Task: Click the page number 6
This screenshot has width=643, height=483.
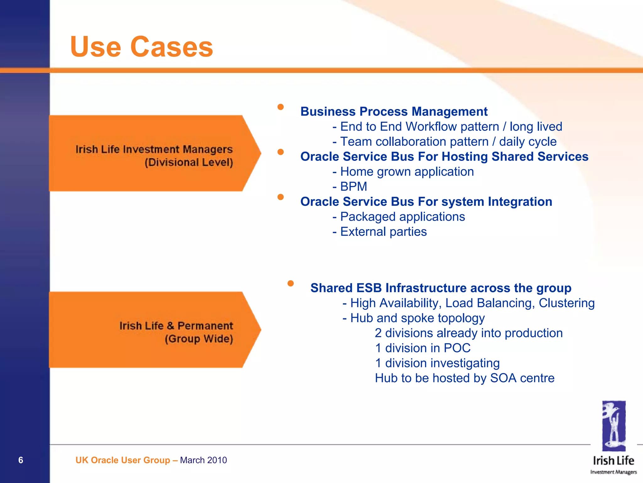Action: click(x=21, y=460)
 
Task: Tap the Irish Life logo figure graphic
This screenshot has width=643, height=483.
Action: click(x=613, y=425)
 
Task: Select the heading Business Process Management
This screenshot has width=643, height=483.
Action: click(x=394, y=112)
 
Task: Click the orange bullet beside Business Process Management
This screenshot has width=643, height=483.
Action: click(x=281, y=107)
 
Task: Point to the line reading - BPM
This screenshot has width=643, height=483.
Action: click(x=350, y=187)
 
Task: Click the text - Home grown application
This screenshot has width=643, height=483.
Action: click(x=403, y=172)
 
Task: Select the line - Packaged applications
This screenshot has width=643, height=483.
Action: click(x=399, y=217)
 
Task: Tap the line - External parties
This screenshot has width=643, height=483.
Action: click(x=380, y=232)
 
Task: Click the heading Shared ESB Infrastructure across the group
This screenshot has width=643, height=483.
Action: click(x=440, y=288)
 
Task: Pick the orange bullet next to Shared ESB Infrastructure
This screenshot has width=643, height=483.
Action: click(x=290, y=283)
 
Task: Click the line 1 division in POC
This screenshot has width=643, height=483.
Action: click(x=423, y=348)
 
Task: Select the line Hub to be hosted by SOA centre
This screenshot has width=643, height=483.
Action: click(x=464, y=378)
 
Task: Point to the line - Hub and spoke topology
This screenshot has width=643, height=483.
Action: click(x=413, y=318)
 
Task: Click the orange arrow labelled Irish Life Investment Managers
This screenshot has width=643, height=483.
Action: click(x=154, y=154)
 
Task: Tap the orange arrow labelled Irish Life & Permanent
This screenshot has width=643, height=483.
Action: click(x=154, y=330)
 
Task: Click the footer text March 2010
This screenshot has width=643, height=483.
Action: click(x=203, y=460)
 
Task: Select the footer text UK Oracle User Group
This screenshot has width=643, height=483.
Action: click(x=123, y=460)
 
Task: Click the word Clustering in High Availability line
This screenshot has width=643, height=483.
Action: click(x=566, y=303)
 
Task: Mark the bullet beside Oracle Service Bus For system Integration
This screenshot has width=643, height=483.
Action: click(x=281, y=197)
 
